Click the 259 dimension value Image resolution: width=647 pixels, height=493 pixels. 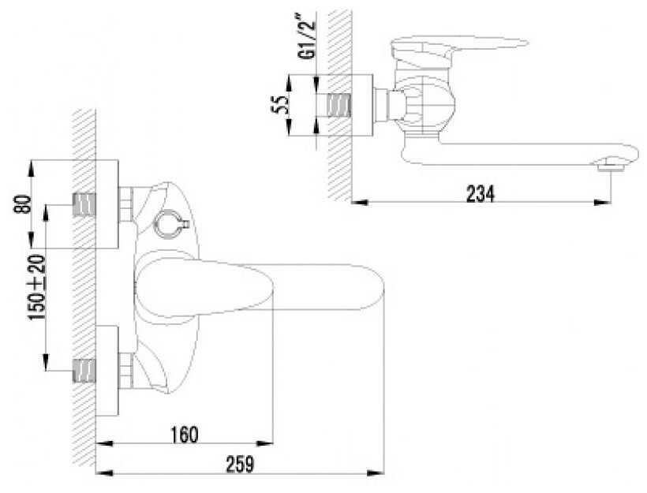240,465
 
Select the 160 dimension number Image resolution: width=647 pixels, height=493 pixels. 185,435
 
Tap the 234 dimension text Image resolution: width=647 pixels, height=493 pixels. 480,193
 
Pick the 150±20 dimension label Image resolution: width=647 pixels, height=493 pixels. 37,288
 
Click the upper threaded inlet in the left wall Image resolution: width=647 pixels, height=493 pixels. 84,205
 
